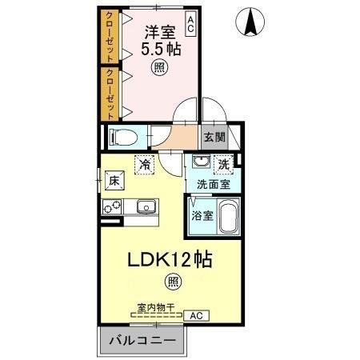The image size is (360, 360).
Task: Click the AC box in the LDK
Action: pyautogui.click(x=194, y=316)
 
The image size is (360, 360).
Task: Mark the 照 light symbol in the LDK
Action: pyautogui.click(x=173, y=281)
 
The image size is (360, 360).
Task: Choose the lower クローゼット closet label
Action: pyautogui.click(x=107, y=92)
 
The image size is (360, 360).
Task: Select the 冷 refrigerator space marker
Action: pyautogui.click(x=144, y=164)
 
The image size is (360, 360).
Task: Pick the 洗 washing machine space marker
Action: pyautogui.click(x=226, y=163)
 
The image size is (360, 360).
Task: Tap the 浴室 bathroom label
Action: pyautogui.click(x=202, y=215)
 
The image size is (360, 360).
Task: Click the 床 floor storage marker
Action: pyautogui.click(x=114, y=182)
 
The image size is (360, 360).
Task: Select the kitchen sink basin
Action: pyautogui.click(x=146, y=208)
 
